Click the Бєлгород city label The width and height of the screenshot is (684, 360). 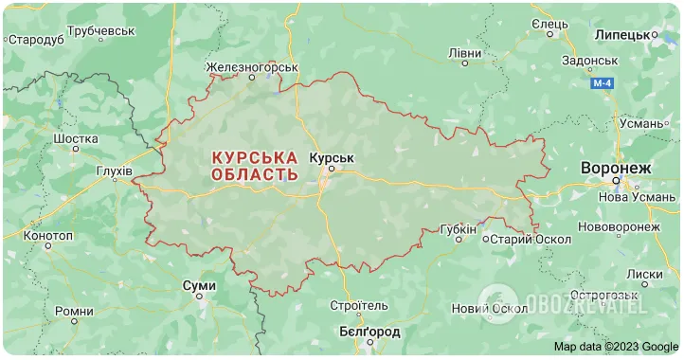point(369,332)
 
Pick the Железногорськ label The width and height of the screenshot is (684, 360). point(253,68)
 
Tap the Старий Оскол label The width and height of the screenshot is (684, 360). point(525,238)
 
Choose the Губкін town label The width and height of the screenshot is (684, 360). point(459,229)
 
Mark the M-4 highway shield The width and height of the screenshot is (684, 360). point(603,84)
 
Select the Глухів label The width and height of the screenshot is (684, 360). point(115,171)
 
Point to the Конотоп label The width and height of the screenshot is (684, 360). point(47,235)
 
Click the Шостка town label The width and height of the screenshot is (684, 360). point(76,138)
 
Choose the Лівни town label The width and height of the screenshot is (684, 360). point(464,53)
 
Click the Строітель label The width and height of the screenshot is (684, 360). point(358,306)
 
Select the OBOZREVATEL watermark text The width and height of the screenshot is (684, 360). point(586,305)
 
